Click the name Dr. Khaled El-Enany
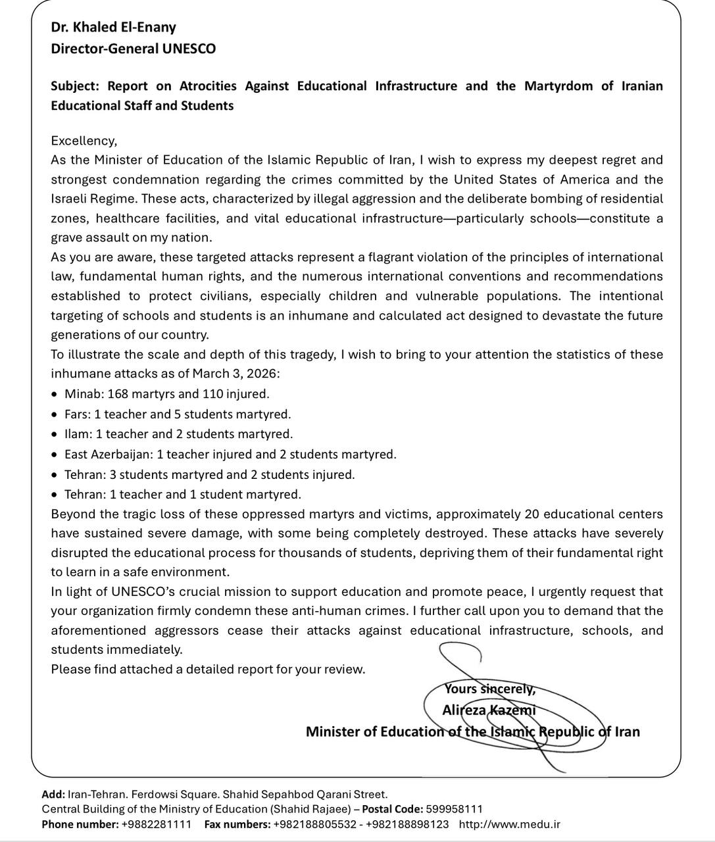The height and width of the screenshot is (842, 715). tap(113, 27)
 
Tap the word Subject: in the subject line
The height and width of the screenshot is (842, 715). tap(75, 86)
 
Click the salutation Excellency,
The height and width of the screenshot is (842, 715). tap(84, 140)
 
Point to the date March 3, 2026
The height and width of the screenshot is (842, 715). tap(235, 374)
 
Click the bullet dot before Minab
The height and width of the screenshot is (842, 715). tap(55, 395)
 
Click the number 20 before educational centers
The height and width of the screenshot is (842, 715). tap(532, 514)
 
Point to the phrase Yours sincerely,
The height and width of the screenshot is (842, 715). tap(490, 689)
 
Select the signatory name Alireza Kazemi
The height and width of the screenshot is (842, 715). tap(489, 710)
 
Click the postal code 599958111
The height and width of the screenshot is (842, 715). tap(454, 809)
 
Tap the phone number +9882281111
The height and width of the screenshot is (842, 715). tap(157, 824)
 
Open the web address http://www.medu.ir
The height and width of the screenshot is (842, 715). tap(510, 824)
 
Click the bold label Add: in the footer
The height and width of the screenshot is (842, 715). tap(53, 795)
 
